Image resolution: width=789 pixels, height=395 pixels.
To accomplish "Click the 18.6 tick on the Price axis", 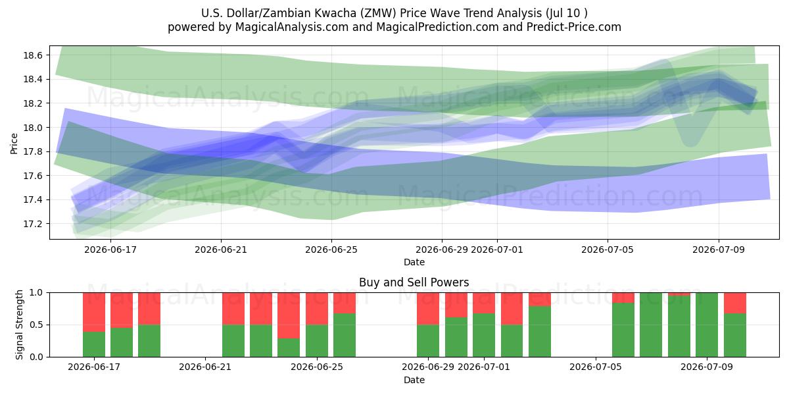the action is pyautogui.click(x=33, y=55).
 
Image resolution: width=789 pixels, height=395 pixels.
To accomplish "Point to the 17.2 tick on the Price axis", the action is pyautogui.click(x=33, y=224).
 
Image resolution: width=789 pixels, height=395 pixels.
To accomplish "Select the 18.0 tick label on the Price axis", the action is pyautogui.click(x=33, y=128).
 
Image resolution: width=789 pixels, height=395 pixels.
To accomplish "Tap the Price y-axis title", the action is pyautogui.click(x=14, y=144).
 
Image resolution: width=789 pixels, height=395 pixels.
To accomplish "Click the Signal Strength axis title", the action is pyautogui.click(x=19, y=325).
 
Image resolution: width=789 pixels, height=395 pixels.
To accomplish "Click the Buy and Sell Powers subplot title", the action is pyautogui.click(x=414, y=282).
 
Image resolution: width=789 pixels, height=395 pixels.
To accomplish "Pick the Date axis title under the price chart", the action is pyautogui.click(x=414, y=263).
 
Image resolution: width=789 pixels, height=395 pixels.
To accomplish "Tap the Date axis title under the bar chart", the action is pyautogui.click(x=414, y=381).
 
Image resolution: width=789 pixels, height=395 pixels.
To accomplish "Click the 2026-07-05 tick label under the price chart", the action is pyautogui.click(x=608, y=250).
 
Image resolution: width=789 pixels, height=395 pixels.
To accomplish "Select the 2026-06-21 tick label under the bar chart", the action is pyautogui.click(x=205, y=367).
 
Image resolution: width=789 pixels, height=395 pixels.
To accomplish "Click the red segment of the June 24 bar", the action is pyautogui.click(x=289, y=315).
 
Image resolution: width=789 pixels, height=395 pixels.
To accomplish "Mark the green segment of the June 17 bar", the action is pyautogui.click(x=94, y=344).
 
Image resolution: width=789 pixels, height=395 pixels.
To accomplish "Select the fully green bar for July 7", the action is pyautogui.click(x=651, y=325).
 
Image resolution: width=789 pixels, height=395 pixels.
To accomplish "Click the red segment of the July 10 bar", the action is pyautogui.click(x=735, y=303).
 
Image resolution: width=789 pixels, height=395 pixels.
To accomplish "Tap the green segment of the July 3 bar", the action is pyautogui.click(x=540, y=332).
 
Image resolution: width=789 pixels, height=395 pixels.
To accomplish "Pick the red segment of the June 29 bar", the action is pyautogui.click(x=428, y=309).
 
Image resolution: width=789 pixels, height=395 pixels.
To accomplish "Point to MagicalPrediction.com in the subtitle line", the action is pyautogui.click(x=437, y=27).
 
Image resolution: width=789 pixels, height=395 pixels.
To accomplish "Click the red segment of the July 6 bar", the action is pyautogui.click(x=623, y=298).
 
